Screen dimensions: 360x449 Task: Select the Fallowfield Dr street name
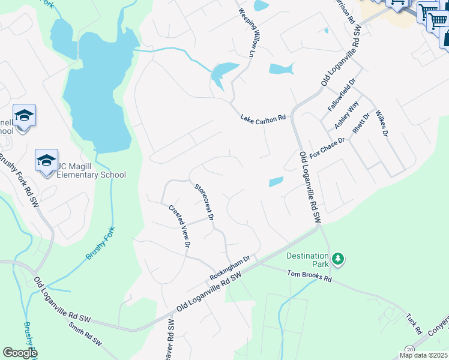[x=342, y=94]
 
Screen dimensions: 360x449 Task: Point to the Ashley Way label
[x=347, y=115]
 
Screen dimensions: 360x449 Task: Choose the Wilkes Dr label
[x=381, y=123]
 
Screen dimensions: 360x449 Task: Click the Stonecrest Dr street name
[x=204, y=200]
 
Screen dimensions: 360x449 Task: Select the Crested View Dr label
[x=179, y=226]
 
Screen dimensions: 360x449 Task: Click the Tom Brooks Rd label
[x=309, y=276]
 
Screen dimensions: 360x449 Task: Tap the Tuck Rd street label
[x=412, y=323]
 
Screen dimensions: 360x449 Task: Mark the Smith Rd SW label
[x=85, y=335]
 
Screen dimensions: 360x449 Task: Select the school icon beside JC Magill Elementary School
[x=46, y=161]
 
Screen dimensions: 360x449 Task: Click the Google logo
[x=19, y=353]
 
